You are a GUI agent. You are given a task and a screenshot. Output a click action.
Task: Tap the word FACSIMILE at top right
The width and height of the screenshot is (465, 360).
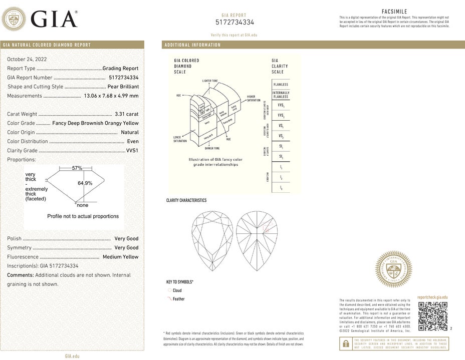(394, 11)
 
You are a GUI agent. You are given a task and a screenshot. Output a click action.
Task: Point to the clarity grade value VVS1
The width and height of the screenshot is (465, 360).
(132, 150)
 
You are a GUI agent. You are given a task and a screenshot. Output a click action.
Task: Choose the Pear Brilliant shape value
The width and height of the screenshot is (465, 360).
(123, 87)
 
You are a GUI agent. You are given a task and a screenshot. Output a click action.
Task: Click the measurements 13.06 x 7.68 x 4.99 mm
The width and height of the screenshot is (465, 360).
(111, 96)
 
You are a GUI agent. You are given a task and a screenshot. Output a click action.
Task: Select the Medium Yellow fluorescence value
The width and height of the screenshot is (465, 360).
(120, 257)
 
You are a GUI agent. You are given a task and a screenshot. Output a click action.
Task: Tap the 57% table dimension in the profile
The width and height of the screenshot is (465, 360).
(77, 168)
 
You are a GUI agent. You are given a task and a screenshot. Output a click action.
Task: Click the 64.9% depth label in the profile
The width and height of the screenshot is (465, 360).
(85, 183)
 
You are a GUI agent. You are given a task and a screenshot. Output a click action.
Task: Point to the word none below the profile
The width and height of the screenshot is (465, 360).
(82, 205)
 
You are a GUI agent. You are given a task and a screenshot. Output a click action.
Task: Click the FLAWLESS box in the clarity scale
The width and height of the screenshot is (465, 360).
(281, 85)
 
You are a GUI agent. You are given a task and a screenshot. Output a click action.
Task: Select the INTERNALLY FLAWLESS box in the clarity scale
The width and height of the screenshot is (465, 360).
(281, 95)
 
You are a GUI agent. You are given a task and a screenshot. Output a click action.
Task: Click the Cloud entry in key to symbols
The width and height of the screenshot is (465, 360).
(177, 290)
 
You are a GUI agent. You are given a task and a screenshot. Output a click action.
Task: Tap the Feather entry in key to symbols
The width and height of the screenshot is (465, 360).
(178, 299)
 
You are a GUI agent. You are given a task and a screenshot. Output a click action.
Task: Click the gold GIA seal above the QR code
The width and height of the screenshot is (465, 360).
(393, 269)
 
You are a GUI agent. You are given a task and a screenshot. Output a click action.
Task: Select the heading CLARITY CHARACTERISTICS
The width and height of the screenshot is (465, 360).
(186, 200)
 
